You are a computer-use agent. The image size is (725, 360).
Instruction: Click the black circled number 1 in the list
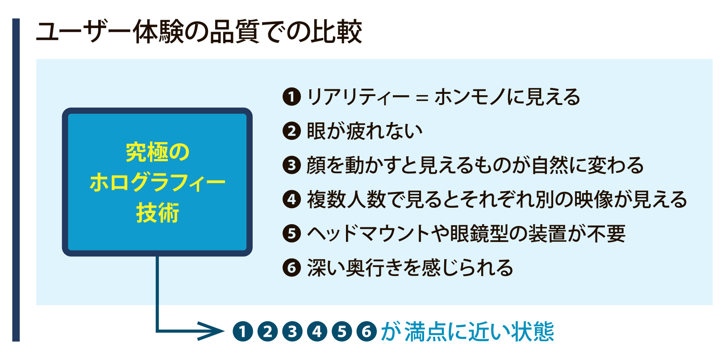(292, 97)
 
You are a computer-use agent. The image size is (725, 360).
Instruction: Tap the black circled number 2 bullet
(292, 131)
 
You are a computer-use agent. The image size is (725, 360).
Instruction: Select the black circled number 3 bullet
(292, 165)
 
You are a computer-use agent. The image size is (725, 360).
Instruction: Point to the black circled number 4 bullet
(292, 199)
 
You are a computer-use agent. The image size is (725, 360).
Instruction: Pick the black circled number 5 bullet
(292, 234)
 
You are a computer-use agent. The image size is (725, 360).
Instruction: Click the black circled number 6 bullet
(292, 268)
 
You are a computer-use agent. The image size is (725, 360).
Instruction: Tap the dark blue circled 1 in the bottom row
(243, 331)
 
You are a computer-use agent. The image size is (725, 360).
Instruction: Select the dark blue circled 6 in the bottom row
(367, 331)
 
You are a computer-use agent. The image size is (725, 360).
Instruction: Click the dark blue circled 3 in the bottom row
(292, 331)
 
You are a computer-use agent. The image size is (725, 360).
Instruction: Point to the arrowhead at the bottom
(212, 331)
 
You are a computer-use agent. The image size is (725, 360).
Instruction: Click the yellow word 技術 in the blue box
(158, 213)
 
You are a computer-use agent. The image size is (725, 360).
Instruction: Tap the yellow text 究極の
(157, 152)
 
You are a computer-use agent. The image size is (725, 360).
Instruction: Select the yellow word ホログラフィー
(157, 182)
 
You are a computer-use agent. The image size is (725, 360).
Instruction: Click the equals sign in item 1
(422, 97)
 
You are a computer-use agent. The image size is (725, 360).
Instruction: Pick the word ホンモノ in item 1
(470, 97)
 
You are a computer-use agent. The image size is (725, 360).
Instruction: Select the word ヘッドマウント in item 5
(368, 234)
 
